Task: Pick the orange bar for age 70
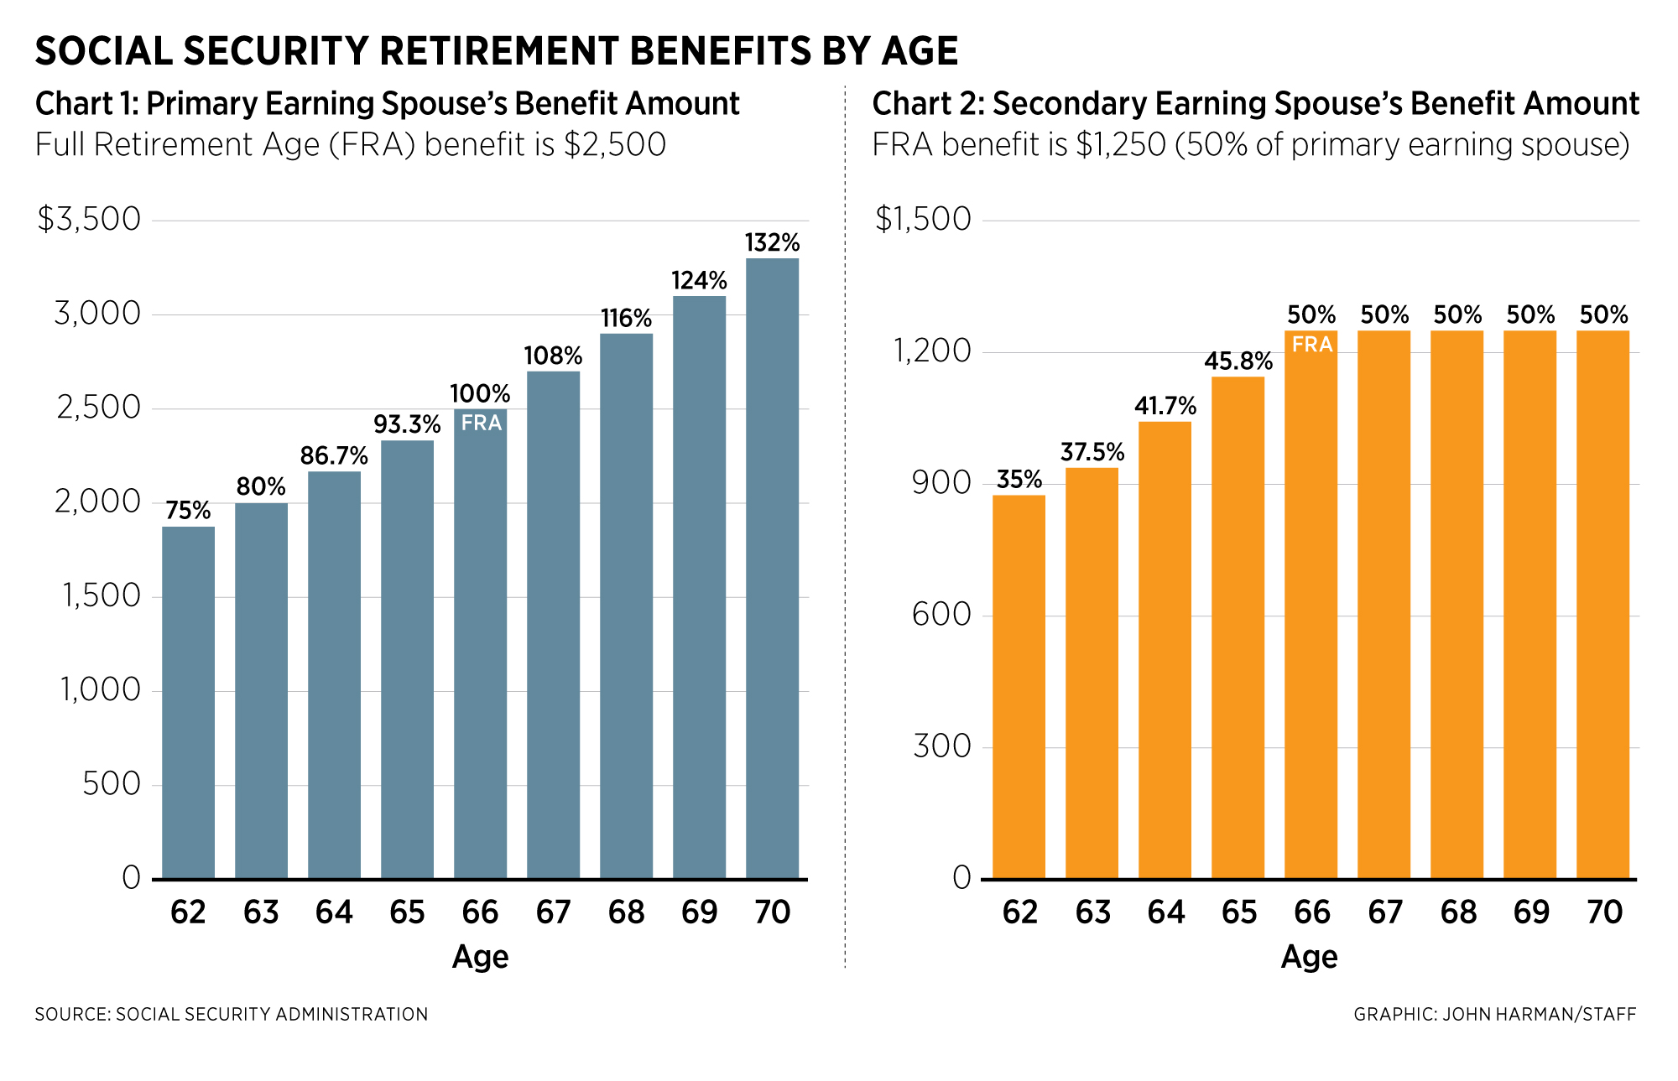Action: click(x=1602, y=605)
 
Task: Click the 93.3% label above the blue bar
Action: click(x=407, y=424)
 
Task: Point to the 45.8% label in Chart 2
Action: click(x=1238, y=361)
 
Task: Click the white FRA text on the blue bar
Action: click(x=481, y=423)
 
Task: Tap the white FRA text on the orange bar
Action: click(x=1311, y=345)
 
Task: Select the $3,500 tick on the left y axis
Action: click(x=89, y=220)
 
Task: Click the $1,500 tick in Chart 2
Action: click(x=923, y=220)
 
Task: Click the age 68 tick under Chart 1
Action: click(x=626, y=912)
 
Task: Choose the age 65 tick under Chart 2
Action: click(x=1239, y=912)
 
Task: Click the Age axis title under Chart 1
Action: click(x=480, y=957)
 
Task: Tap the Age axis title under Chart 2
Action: click(x=1309, y=957)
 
